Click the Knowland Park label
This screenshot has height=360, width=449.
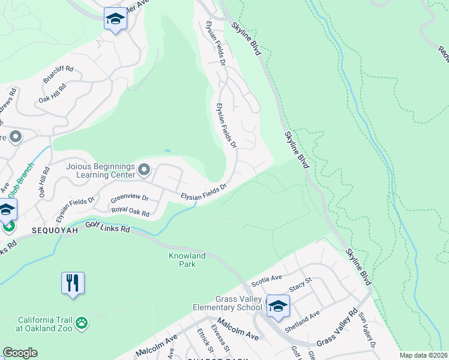pyautogui.click(x=187, y=260)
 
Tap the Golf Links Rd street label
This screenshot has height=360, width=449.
pyautogui.click(x=107, y=227)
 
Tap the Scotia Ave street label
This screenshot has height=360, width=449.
pyautogui.click(x=267, y=279)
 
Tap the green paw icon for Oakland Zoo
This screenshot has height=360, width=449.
pyautogui.click(x=82, y=324)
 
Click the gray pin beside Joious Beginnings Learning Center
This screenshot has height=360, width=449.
pyautogui.click(x=143, y=170)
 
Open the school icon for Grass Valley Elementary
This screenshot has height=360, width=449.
pyautogui.click(x=277, y=306)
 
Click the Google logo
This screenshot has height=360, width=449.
pyautogui.click(x=20, y=353)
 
